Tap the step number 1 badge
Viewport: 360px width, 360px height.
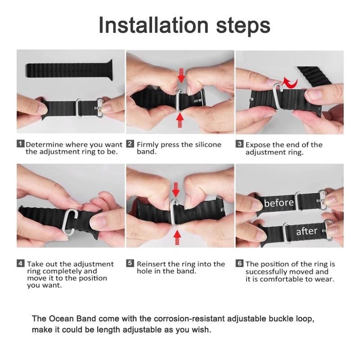pyautogui.click(x=20, y=144)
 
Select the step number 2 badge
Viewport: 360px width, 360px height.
pyautogui.click(x=130, y=144)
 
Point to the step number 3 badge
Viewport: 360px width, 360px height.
pyautogui.click(x=239, y=144)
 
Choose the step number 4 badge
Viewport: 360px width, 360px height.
pyautogui.click(x=20, y=264)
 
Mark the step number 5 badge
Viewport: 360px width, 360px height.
pyautogui.click(x=130, y=264)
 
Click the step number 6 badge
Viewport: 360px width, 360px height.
pyautogui.click(x=239, y=264)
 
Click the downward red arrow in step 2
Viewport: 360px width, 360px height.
pyautogui.click(x=181, y=76)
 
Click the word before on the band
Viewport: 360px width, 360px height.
pyautogui.click(x=279, y=202)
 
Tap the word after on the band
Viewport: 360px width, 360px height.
pyautogui.click(x=307, y=232)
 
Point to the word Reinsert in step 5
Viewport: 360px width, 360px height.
pyautogui.click(x=151, y=264)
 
